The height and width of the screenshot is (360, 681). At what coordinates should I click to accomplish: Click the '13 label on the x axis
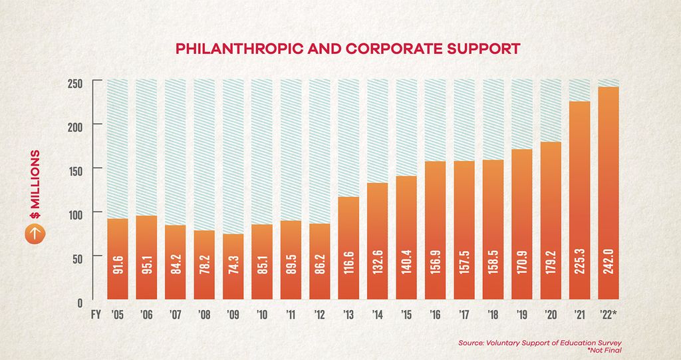coord(348,315)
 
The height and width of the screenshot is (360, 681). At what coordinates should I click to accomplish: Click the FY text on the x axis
coord(96,315)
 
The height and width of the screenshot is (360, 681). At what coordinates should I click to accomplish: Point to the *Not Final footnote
coord(607,351)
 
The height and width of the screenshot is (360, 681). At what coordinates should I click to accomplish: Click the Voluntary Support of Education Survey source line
coord(544,343)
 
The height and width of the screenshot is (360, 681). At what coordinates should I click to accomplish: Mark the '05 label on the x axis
coord(117,315)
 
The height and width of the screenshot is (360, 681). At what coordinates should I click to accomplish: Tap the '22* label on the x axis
coord(610,315)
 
